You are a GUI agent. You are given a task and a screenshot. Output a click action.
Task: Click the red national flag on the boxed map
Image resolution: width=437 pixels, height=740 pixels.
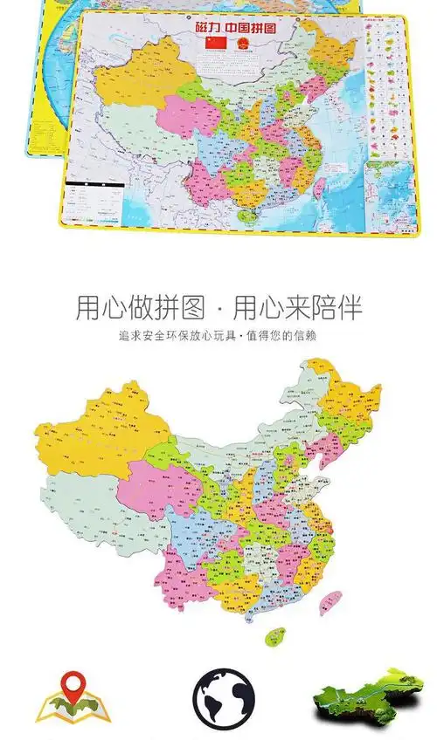tap(213, 43)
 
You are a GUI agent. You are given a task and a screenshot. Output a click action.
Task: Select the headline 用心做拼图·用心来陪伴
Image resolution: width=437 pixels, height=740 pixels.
tap(218, 308)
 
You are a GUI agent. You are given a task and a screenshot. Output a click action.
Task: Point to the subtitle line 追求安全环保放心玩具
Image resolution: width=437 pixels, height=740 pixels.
tap(218, 335)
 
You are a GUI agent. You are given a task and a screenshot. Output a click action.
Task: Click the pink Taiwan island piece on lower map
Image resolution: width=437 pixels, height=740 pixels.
tap(331, 601)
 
